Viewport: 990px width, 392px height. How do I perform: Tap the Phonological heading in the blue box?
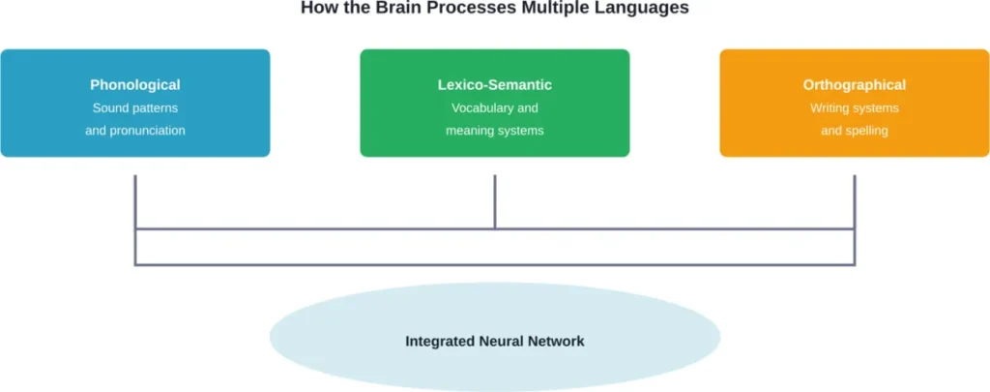(x=135, y=85)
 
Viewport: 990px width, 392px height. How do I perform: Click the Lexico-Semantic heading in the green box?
(x=495, y=85)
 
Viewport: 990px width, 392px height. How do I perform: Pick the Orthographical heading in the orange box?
(x=855, y=85)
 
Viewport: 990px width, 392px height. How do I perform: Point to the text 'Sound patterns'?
(x=135, y=108)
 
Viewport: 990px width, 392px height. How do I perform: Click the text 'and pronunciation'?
(x=135, y=131)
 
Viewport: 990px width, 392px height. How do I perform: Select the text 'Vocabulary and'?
(x=495, y=108)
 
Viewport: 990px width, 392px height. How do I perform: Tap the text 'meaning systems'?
(x=495, y=131)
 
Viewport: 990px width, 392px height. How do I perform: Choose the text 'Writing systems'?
(x=855, y=108)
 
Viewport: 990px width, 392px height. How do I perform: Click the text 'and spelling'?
(x=855, y=131)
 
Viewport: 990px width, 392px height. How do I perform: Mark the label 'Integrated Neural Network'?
(x=495, y=342)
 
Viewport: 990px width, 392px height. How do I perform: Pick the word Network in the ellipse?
(x=557, y=342)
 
